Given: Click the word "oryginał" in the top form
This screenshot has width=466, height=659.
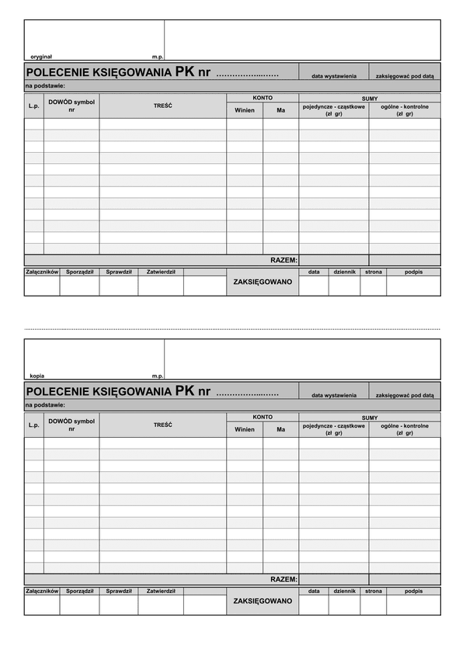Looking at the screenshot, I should [41, 57].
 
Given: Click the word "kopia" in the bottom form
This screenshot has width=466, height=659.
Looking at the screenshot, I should [37, 376].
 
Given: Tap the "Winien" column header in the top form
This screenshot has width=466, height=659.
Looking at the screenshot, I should [245, 110].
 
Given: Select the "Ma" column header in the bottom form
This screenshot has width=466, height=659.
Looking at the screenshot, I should [280, 429].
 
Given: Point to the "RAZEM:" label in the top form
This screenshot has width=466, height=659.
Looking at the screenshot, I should [283, 260].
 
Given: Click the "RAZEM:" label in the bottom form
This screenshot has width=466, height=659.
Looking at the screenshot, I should [283, 579].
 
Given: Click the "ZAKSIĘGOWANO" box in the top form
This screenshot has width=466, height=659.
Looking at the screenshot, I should [263, 282].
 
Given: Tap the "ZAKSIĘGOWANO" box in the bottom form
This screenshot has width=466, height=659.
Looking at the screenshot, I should [263, 601].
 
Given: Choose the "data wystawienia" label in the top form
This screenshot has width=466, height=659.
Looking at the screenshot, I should [334, 76].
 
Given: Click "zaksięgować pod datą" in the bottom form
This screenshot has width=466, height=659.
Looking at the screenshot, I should [405, 395].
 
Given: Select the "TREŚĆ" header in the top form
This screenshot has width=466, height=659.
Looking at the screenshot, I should [163, 105].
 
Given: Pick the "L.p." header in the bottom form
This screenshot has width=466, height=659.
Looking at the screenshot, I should [33, 425].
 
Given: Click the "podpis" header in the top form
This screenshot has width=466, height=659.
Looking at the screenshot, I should [413, 272].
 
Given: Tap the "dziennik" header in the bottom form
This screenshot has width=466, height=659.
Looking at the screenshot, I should [344, 591].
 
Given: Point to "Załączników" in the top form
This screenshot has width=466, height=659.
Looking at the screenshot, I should [42, 272].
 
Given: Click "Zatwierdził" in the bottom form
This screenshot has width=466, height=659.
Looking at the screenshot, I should [161, 591].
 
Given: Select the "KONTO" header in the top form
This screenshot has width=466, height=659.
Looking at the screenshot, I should [263, 98].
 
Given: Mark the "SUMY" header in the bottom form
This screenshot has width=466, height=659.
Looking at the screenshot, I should [370, 417].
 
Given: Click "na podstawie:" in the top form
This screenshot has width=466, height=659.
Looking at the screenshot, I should [44, 86].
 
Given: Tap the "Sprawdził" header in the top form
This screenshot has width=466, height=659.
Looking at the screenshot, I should [119, 272].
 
